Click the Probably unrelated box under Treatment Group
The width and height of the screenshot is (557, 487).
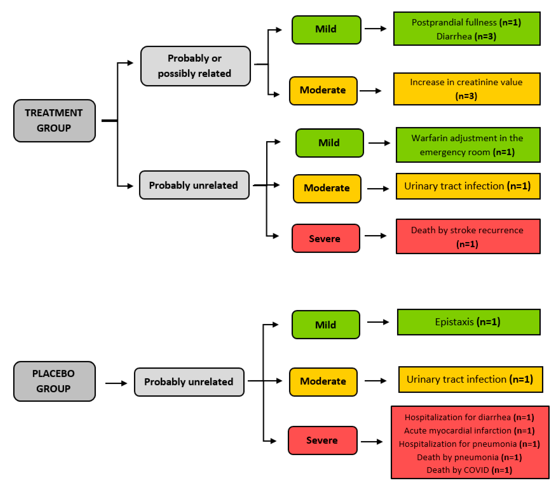point(194,185)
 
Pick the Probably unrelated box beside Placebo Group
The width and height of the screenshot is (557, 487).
point(189,382)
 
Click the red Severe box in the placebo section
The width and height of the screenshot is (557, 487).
point(322,440)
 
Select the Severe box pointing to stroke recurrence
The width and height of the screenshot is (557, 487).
point(325,238)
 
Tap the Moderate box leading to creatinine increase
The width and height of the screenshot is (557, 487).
point(323,90)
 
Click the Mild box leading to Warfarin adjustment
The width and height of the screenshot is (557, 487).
point(329,143)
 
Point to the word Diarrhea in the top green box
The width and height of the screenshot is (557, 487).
point(454,36)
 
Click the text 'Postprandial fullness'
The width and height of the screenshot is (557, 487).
point(454,22)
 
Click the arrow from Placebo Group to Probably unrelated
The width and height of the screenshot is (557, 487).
point(116,383)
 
